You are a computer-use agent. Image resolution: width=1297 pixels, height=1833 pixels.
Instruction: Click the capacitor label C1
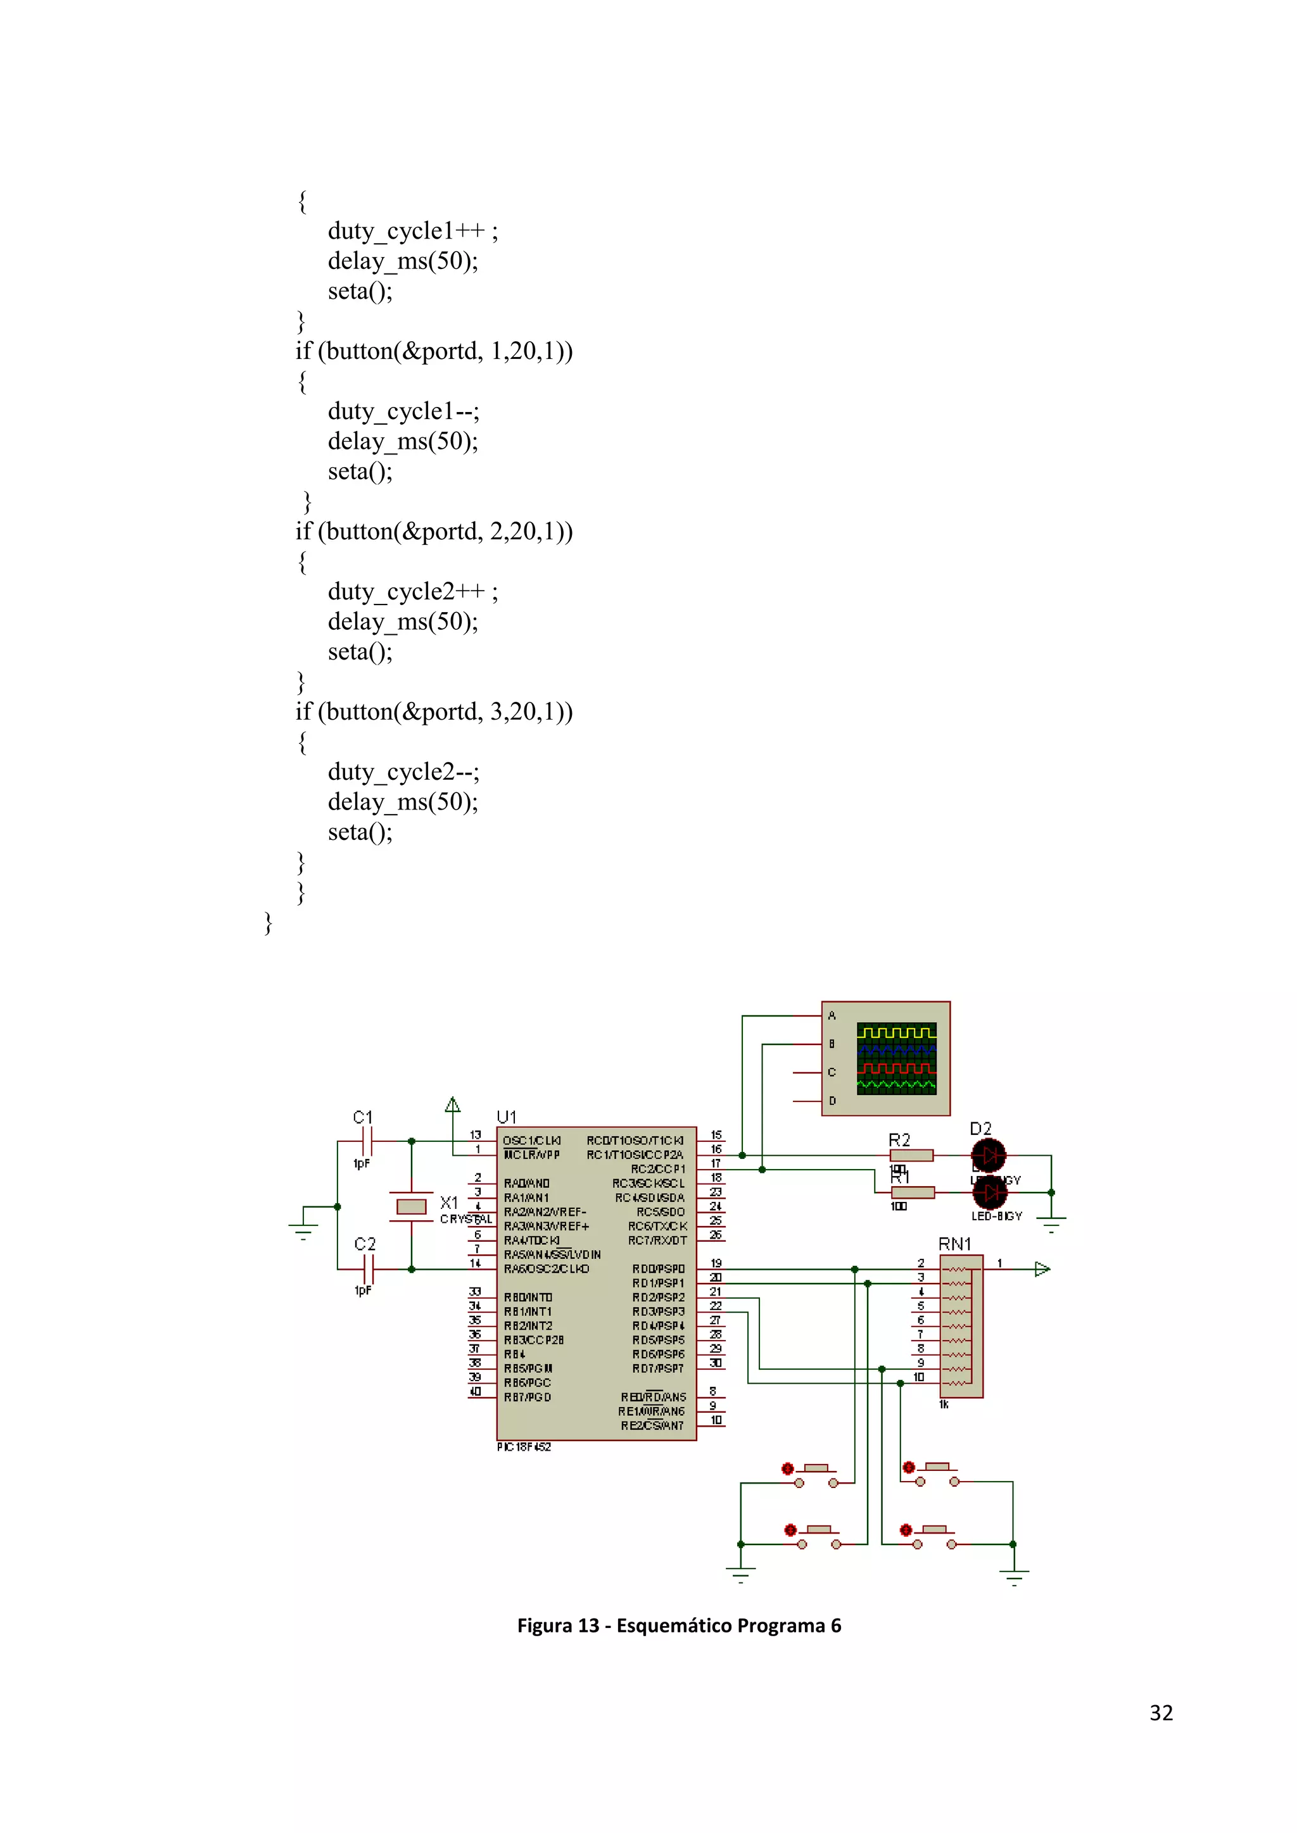(x=363, y=1117)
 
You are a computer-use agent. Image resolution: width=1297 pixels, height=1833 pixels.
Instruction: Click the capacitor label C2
(x=364, y=1244)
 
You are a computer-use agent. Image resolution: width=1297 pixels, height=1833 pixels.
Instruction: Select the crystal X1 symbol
(x=411, y=1206)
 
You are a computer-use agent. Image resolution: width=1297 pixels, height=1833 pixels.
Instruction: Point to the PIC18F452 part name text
(x=524, y=1447)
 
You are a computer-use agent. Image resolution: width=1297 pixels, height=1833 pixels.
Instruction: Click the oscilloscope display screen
(x=896, y=1059)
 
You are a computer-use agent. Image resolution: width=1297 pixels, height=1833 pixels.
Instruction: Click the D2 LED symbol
(x=989, y=1155)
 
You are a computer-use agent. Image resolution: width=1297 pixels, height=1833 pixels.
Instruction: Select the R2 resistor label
(x=899, y=1140)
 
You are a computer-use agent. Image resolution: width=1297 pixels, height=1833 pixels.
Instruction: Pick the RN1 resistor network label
(x=954, y=1244)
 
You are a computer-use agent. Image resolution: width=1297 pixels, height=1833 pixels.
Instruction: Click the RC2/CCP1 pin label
(x=658, y=1169)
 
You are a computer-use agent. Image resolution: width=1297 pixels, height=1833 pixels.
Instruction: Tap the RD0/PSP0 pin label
(x=658, y=1268)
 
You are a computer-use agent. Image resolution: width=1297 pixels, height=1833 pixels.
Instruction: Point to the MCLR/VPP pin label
(x=532, y=1155)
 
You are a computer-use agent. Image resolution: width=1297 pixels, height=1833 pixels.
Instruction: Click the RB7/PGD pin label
(x=527, y=1397)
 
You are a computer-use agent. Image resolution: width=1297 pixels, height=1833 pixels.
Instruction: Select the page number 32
(x=1160, y=1713)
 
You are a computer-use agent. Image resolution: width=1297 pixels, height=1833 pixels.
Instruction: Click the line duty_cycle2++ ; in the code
(x=412, y=592)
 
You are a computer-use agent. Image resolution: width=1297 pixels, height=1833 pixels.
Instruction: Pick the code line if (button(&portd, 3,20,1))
(x=434, y=711)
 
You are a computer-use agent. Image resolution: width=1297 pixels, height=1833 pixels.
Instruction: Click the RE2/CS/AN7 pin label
(x=652, y=1426)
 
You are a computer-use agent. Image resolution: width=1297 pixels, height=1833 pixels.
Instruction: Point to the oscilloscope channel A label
(x=832, y=1015)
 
